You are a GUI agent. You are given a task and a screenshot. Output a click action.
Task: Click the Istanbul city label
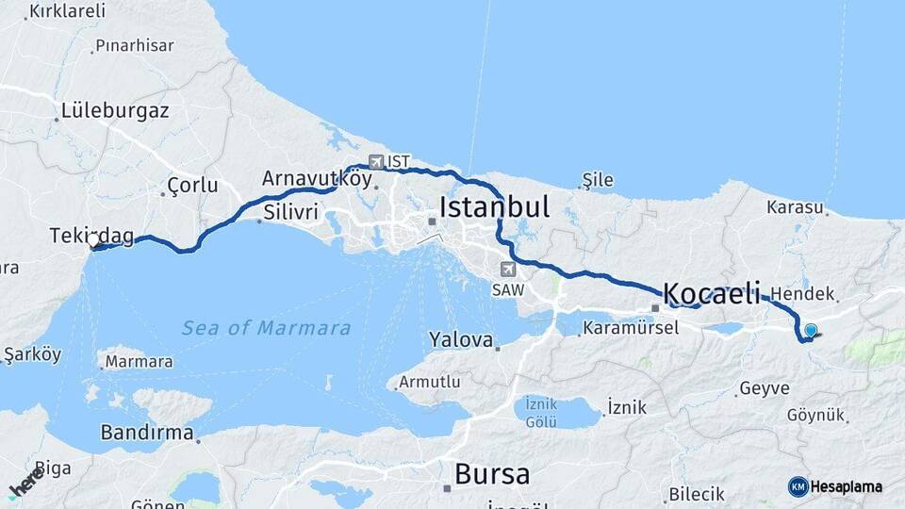click(494, 206)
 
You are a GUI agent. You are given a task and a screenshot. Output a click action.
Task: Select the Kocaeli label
click(712, 293)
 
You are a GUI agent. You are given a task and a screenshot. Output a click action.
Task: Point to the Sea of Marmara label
click(266, 328)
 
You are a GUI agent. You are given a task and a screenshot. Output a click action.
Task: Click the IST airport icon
click(377, 161)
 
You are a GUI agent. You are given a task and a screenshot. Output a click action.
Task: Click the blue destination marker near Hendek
click(810, 331)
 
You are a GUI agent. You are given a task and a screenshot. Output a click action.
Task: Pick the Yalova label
click(461, 339)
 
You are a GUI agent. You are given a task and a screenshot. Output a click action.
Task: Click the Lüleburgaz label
click(115, 111)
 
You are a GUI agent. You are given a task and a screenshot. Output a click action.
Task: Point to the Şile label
click(598, 180)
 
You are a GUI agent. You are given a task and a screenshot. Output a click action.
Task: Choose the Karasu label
click(795, 206)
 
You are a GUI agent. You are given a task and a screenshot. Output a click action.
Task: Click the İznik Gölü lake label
click(540, 414)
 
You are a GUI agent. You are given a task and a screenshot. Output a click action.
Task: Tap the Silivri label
click(291, 211)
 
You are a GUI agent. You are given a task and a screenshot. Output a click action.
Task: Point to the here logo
click(26, 482)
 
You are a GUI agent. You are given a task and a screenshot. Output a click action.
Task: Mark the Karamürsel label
click(630, 329)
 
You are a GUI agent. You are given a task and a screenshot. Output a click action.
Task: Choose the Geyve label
click(765, 387)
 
